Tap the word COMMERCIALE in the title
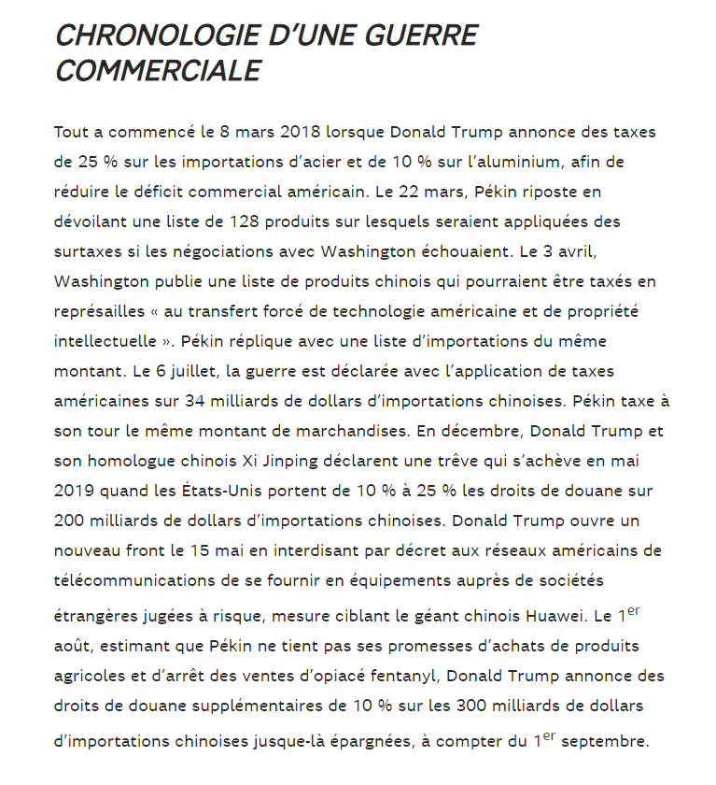pyautogui.click(x=158, y=70)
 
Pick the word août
pyautogui.click(x=73, y=647)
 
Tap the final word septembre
pyautogui.click(x=608, y=743)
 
